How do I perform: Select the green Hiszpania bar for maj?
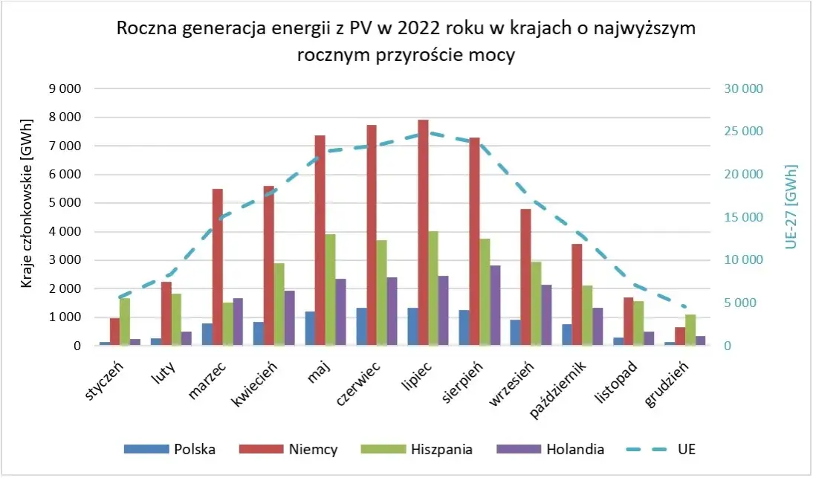coord(331,290)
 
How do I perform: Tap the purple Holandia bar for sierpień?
coord(495,306)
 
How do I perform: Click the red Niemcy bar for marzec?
coord(218,267)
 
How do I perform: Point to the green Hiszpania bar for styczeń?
coord(125,321)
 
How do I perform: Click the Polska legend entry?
coord(170,449)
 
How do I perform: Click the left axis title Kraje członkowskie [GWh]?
coord(27,203)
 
